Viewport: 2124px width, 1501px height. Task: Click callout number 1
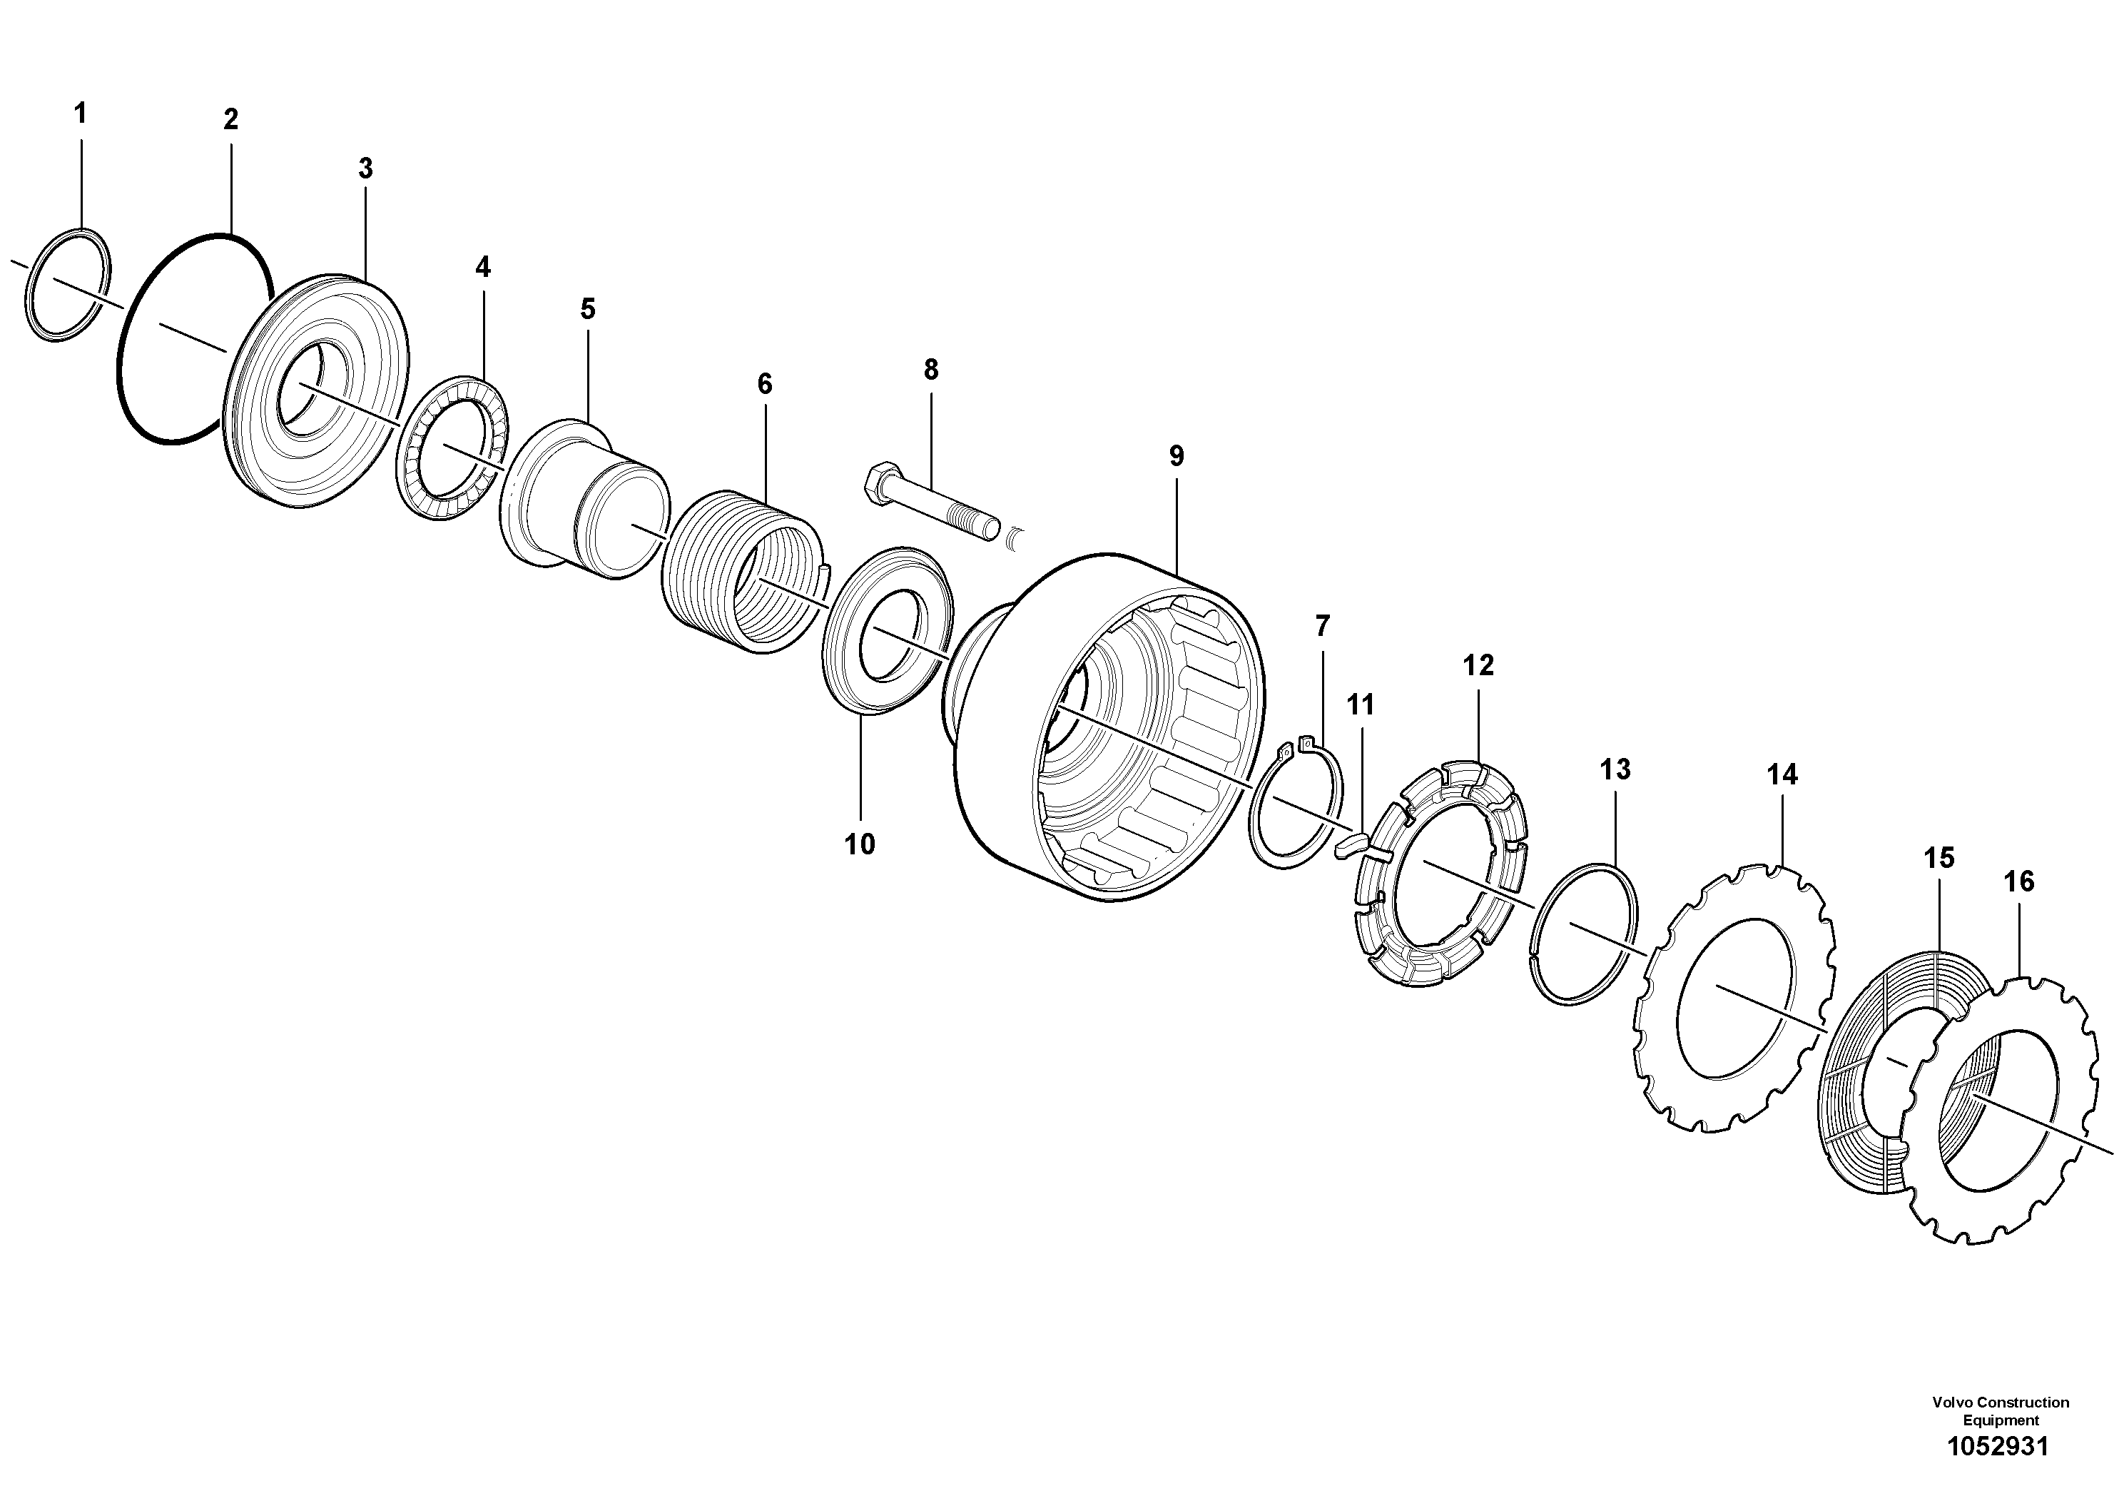pos(81,113)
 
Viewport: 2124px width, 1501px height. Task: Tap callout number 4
pos(482,268)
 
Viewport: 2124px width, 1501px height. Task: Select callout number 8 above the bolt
pos(930,370)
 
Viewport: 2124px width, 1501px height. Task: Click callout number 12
pos(1478,665)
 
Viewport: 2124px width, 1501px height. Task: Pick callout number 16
pos(2018,882)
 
